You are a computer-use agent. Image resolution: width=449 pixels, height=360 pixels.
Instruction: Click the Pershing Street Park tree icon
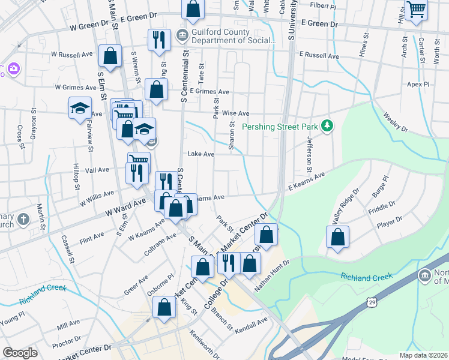click(327, 125)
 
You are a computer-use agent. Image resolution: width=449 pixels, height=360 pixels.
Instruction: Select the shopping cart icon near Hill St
click(416, 10)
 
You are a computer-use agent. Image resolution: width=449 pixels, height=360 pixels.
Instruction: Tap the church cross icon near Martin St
click(23, 219)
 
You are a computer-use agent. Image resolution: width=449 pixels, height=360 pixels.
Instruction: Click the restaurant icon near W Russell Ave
click(159, 40)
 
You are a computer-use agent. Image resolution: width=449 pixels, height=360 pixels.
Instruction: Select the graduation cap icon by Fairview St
click(80, 109)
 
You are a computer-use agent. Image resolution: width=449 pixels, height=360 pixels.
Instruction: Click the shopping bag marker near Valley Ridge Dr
click(338, 237)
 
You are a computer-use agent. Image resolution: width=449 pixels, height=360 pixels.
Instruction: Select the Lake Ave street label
click(200, 154)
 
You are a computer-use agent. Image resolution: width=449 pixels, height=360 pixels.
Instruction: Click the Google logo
click(20, 353)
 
